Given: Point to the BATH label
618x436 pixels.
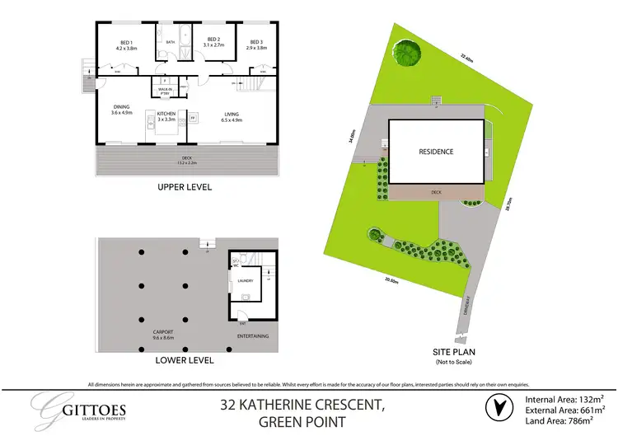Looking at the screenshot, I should (171, 42).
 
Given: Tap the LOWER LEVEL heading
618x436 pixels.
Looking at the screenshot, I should (186, 360).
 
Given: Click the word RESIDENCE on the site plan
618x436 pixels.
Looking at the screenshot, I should (436, 152).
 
